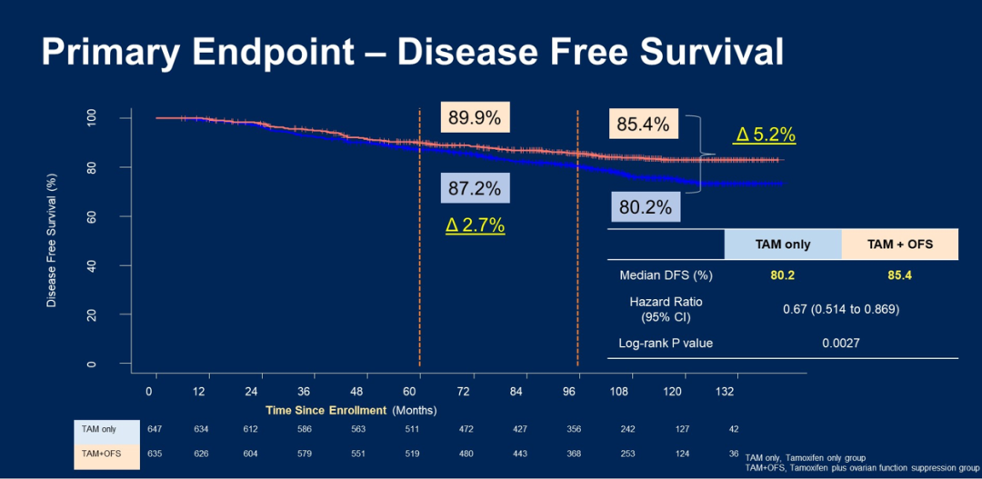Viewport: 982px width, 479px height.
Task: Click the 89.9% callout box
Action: [x=476, y=118]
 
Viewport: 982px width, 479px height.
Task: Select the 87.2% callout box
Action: [x=475, y=189]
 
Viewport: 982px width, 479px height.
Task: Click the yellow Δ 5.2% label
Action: [x=765, y=135]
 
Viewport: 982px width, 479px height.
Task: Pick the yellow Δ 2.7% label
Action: [x=475, y=225]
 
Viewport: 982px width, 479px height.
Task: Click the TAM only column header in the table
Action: [x=782, y=244]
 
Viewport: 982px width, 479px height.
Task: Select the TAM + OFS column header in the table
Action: [x=899, y=244]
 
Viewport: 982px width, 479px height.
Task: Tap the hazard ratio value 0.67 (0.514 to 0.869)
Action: [x=841, y=309]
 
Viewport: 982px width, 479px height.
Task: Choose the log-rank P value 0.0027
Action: [x=841, y=344]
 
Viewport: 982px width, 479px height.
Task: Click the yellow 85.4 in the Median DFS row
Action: [x=899, y=275]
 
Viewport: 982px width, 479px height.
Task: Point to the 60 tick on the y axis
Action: [x=116, y=216]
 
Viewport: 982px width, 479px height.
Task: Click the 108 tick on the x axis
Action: [x=619, y=390]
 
